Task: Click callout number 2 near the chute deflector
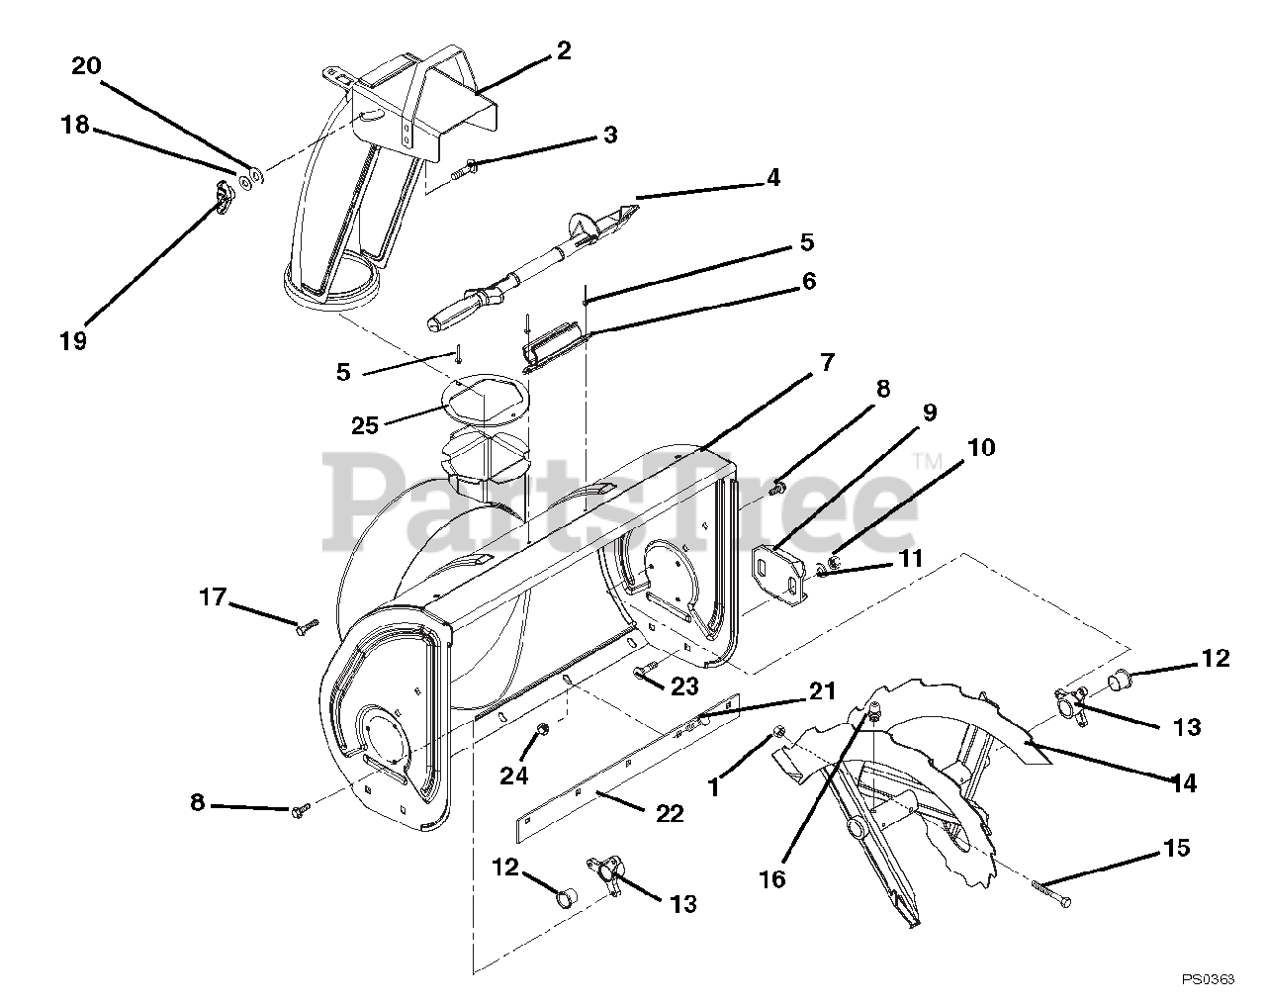pos(563,50)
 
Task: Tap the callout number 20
pos(86,66)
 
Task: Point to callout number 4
pos(772,178)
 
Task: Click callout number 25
pos(365,425)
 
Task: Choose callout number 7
pos(826,362)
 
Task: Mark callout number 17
pos(212,596)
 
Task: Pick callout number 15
pos(1177,849)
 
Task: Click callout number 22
pos(670,813)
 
